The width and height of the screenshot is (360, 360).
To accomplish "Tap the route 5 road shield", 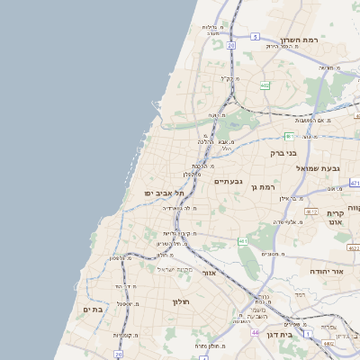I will click(256, 37).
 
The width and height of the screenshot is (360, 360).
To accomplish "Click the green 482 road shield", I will click(265, 85).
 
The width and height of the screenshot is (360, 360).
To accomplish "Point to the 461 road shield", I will click(243, 242).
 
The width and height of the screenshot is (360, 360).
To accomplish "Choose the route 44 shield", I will click(256, 332).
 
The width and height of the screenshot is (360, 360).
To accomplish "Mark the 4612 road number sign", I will click(312, 211).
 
